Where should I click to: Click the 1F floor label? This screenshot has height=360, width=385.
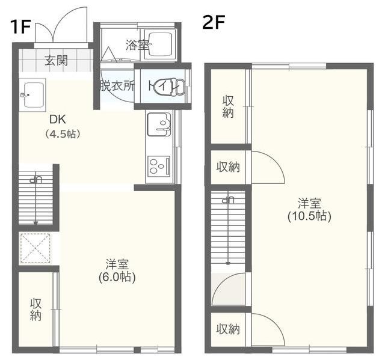[x=20, y=27]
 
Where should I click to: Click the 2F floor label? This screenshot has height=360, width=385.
[x=214, y=22]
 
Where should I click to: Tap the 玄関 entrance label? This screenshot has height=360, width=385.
[x=56, y=60]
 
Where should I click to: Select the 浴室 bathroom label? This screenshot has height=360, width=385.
[x=137, y=45]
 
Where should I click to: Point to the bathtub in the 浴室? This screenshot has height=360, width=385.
[x=160, y=44]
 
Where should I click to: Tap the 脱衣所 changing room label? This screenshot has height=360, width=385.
[x=117, y=86]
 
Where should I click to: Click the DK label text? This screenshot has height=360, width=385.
[x=58, y=120]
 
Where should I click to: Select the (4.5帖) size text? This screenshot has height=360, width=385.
[x=63, y=134]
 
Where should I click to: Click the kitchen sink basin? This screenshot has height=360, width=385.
[x=159, y=124]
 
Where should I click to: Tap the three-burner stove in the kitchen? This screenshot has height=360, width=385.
[x=159, y=166]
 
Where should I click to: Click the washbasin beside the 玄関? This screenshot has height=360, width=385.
[x=32, y=95]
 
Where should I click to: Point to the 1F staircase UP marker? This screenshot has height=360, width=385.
[x=35, y=180]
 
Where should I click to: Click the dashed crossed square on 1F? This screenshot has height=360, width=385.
[x=35, y=248]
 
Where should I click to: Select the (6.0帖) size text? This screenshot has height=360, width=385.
[x=117, y=278]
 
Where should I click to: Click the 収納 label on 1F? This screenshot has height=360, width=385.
[x=36, y=310]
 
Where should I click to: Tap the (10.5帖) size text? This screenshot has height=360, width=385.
[x=309, y=216]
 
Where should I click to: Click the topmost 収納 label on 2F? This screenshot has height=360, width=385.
[x=228, y=107]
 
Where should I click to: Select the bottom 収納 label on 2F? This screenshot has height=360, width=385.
[x=228, y=329]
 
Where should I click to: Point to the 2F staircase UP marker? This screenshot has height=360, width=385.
[x=228, y=200]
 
